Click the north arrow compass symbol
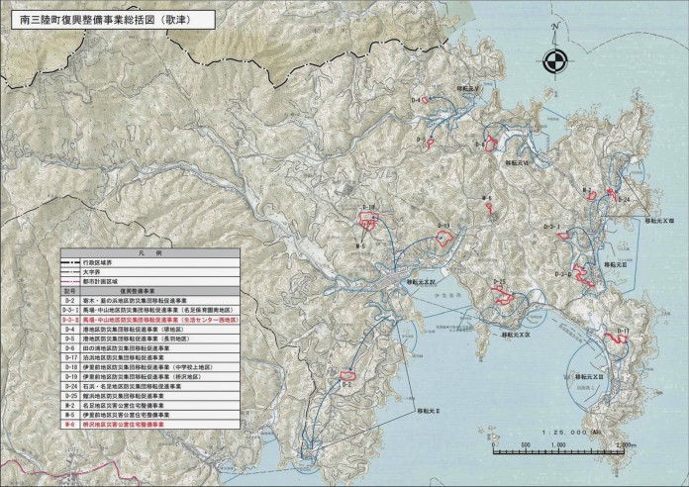pos(558,48)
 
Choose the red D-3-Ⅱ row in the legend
pos(158,322)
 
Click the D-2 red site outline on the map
pos(348,375)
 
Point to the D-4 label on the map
pos(417,101)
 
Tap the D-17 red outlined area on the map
pos(623,338)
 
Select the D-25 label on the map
pos(500,284)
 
